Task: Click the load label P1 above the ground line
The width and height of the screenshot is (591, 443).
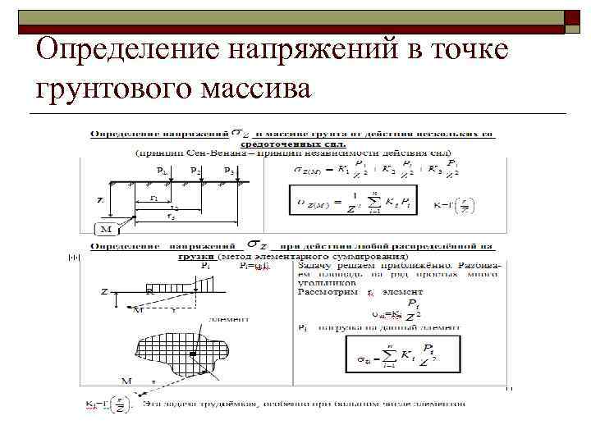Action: [x=163, y=170]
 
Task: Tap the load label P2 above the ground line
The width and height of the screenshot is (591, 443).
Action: [x=195, y=170]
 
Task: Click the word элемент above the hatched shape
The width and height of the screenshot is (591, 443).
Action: [x=224, y=318]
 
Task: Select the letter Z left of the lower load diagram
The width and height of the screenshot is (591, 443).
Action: [x=104, y=290]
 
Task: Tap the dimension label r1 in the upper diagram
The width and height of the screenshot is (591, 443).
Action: [x=153, y=198]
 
